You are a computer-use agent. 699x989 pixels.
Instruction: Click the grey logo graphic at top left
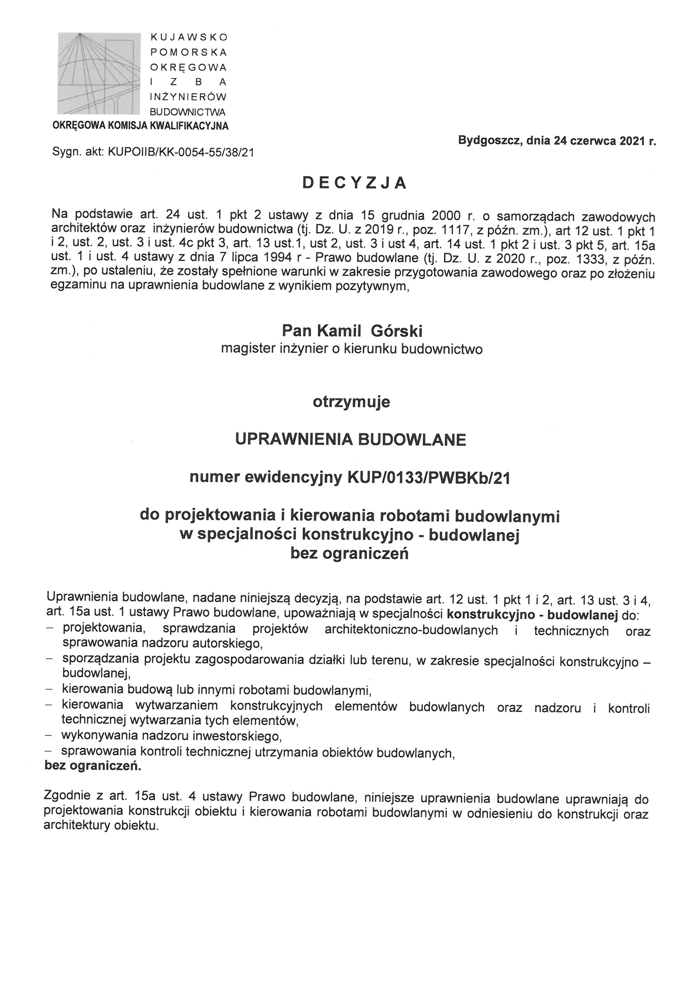tap(99, 73)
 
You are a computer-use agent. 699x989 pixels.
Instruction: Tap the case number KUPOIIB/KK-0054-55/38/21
tap(180, 153)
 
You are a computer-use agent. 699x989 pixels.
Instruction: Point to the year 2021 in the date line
tap(633, 141)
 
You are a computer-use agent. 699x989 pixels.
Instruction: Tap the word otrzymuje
tap(351, 402)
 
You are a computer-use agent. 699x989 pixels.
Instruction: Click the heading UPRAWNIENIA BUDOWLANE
tap(351, 440)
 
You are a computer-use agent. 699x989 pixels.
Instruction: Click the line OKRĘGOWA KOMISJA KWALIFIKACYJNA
tap(141, 126)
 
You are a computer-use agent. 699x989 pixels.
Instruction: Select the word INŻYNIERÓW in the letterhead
tap(188, 97)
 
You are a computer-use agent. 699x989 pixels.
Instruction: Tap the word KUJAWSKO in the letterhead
tap(188, 37)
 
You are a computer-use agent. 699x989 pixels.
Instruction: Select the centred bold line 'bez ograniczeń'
tap(349, 554)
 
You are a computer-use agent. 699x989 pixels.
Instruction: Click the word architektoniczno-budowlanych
tap(411, 630)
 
